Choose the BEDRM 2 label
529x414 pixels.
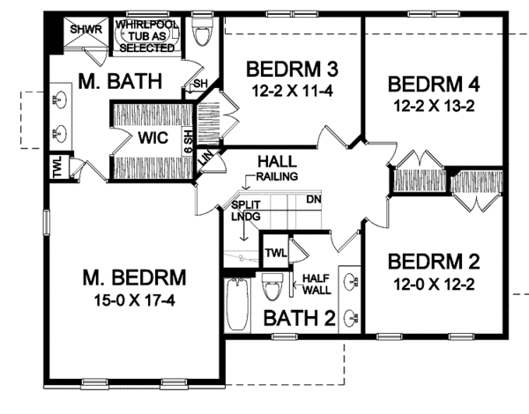[435, 262]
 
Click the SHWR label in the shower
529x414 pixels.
[88, 27]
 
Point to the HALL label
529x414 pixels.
[276, 163]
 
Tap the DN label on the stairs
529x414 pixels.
[312, 200]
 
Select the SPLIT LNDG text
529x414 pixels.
[242, 209]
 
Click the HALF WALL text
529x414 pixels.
[316, 283]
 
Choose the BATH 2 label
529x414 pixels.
[299, 318]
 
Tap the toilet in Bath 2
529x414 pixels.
[272, 287]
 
